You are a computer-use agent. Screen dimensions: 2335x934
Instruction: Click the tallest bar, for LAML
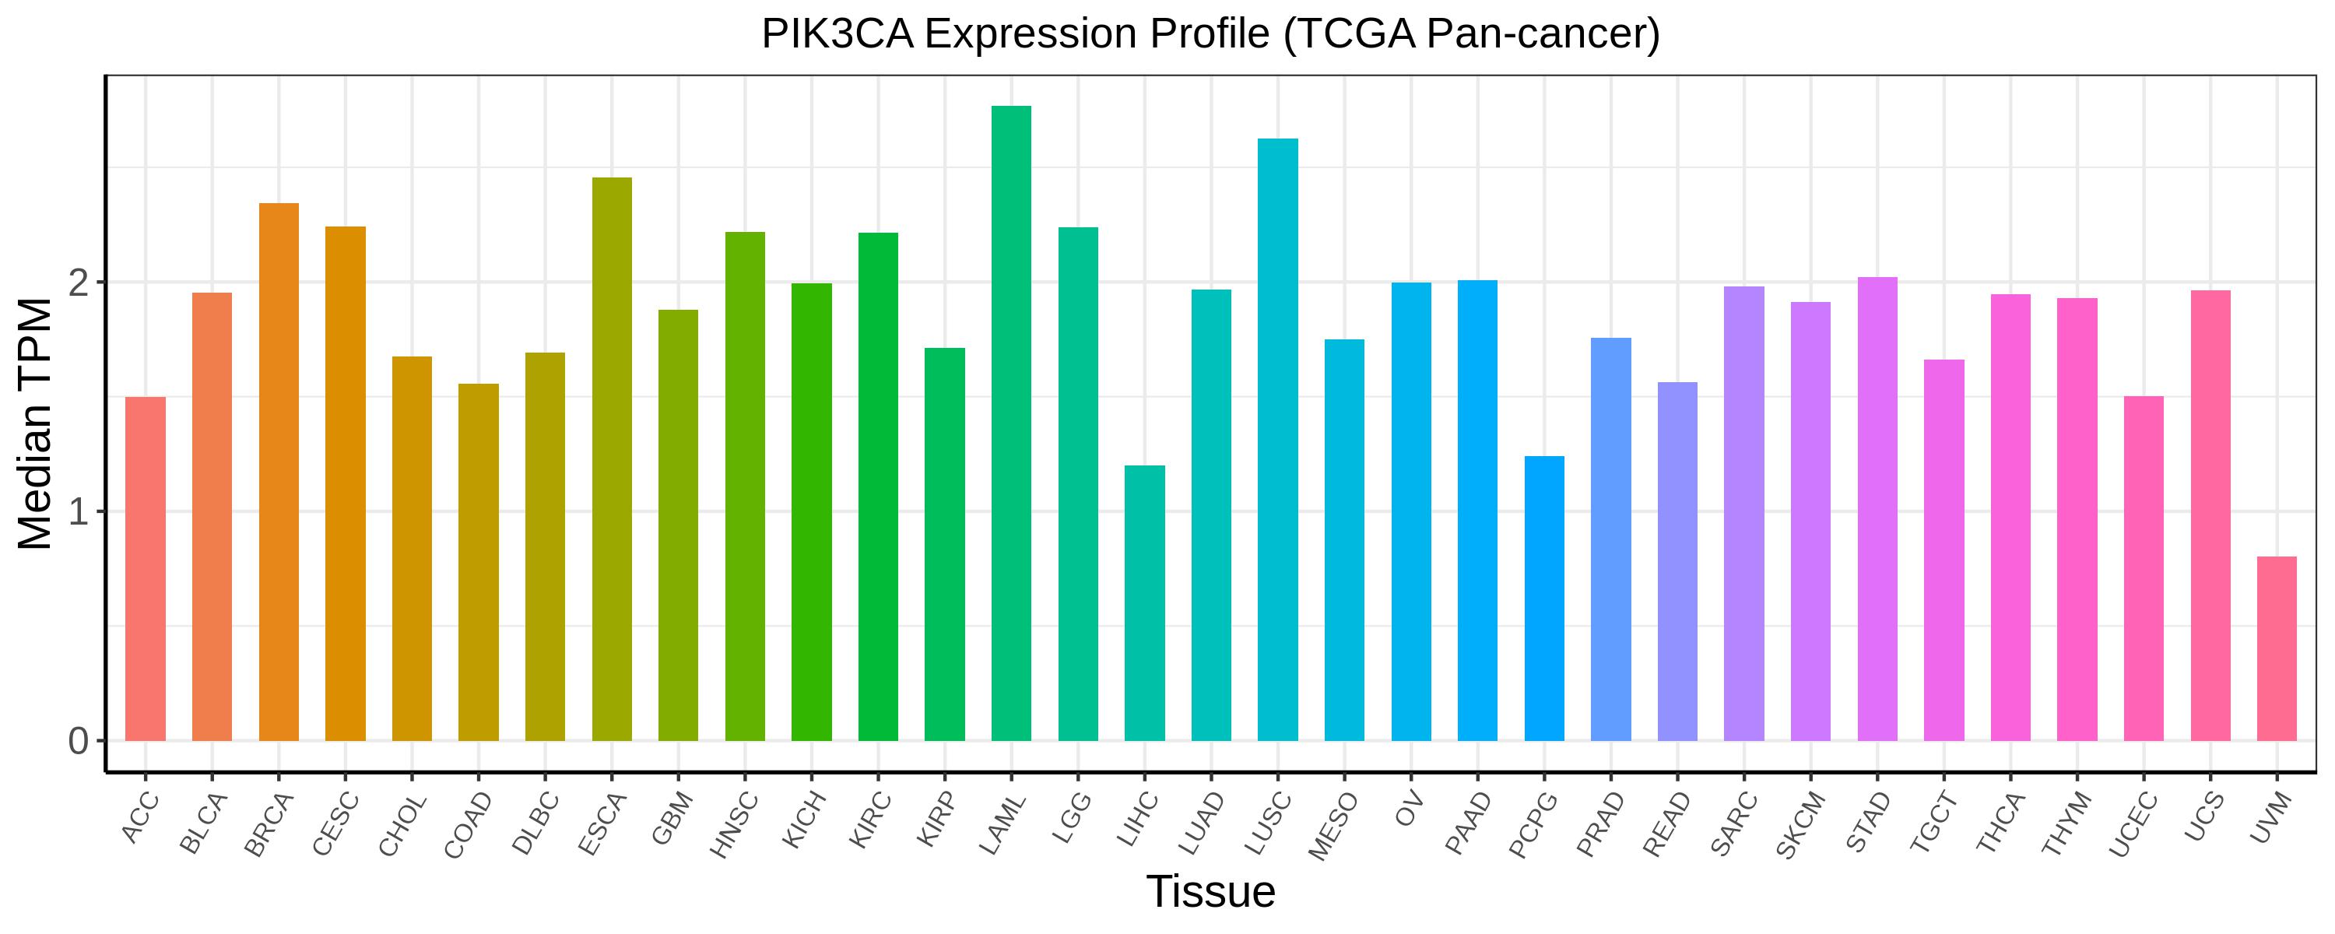tap(1011, 423)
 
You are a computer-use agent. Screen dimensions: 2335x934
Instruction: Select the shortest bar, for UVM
tap(2276, 648)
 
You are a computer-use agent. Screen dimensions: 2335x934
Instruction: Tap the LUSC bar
tap(1277, 440)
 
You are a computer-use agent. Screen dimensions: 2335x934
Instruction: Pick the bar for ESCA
tap(612, 459)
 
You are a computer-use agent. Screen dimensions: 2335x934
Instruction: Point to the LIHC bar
tap(1145, 603)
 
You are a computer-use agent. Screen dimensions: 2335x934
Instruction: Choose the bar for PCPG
tap(1544, 599)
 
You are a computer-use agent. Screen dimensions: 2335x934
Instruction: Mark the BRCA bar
tap(279, 472)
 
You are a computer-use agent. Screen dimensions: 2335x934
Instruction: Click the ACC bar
tap(145, 568)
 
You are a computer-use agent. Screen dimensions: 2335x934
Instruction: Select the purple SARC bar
tap(1744, 513)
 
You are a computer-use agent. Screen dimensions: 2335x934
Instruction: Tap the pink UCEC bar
tap(2144, 568)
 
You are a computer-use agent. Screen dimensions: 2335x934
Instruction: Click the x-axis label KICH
tap(805, 819)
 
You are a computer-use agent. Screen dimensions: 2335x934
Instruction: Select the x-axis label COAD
tap(468, 824)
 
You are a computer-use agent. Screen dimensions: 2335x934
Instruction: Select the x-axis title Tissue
tap(1211, 891)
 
